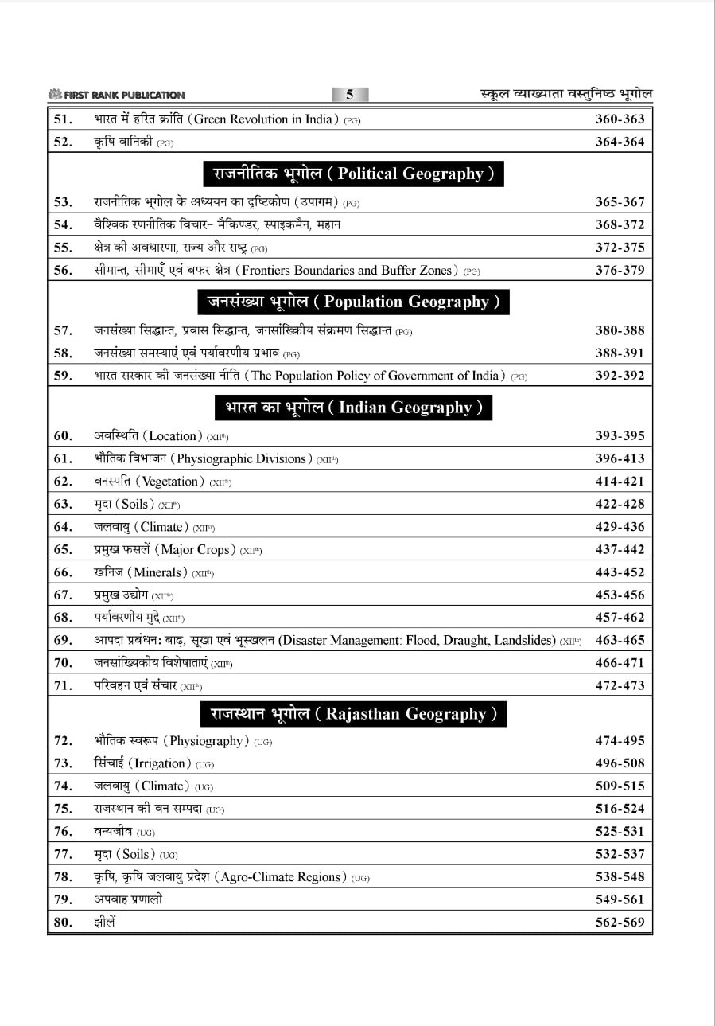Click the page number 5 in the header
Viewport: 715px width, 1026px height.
tap(349, 95)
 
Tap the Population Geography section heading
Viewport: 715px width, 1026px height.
tap(352, 302)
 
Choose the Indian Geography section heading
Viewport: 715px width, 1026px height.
tap(352, 408)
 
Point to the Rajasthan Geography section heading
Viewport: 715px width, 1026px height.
tap(354, 713)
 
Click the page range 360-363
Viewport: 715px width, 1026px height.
tap(620, 119)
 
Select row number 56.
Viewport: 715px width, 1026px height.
tap(64, 271)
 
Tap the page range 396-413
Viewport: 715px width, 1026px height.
tap(620, 458)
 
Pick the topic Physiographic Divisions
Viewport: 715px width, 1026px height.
tap(242, 458)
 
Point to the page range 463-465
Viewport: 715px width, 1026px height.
tap(620, 640)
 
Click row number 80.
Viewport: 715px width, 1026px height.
tap(64, 923)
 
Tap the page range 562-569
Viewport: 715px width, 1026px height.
tap(620, 923)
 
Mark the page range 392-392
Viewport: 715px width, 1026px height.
tap(620, 376)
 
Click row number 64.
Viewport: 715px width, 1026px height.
tap(64, 527)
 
